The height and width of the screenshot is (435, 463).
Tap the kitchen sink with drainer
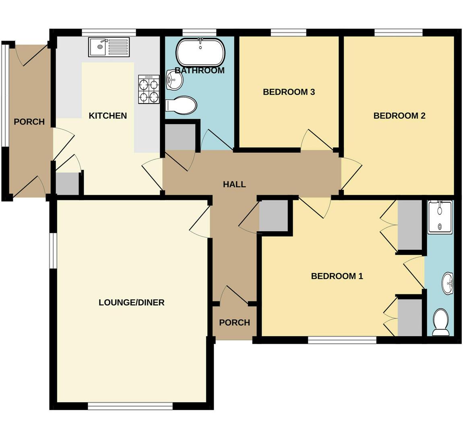point(109,47)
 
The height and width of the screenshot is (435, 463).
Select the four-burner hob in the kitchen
point(149,89)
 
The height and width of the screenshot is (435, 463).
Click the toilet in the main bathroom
point(181,105)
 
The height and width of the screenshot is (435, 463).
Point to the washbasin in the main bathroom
point(174,80)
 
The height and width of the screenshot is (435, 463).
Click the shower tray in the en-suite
point(440,217)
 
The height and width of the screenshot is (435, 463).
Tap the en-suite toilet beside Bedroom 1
point(440,322)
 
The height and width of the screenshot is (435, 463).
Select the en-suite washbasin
point(447,283)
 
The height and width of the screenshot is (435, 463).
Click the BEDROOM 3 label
point(289,92)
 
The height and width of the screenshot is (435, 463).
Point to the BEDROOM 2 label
point(399,116)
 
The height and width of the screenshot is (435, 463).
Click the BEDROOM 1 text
point(337,276)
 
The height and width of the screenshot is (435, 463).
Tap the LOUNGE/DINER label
point(132,302)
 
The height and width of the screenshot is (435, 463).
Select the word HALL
point(234,184)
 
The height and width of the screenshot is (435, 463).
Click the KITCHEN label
point(107,116)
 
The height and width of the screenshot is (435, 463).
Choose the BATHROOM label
point(200,70)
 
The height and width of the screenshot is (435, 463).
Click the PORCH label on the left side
point(29,121)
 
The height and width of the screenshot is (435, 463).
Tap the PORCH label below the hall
point(234,322)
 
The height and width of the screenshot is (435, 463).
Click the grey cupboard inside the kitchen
point(67,184)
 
